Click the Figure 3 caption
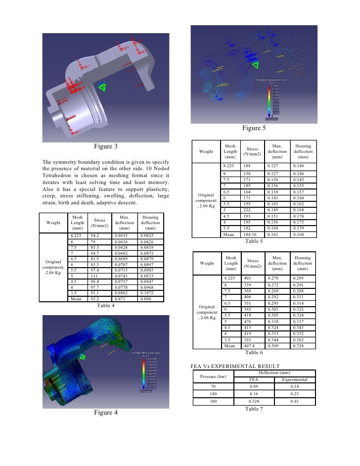tap(106, 146)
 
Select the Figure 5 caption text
tap(254, 128)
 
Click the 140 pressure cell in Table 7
tap(213, 394)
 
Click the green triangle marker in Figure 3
tap(102, 87)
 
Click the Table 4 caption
tap(105, 306)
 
